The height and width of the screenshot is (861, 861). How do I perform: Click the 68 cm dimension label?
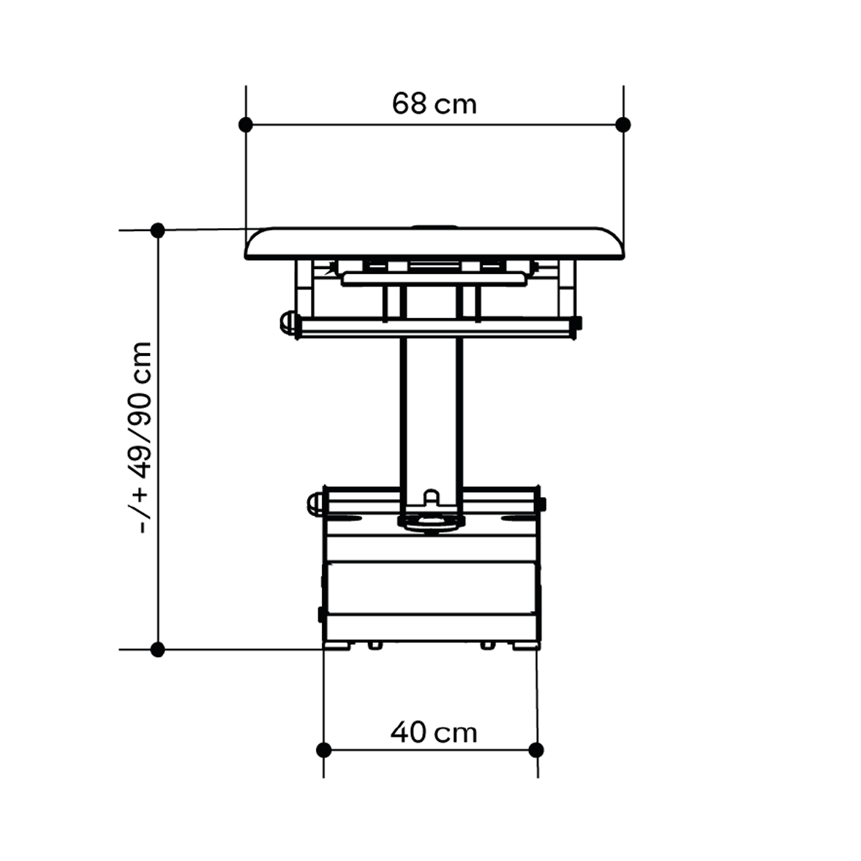tap(434, 103)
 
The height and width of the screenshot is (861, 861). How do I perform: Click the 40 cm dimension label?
tap(434, 732)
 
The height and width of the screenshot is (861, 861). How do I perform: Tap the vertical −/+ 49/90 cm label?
tap(142, 437)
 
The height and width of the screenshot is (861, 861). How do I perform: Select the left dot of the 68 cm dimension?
tap(246, 125)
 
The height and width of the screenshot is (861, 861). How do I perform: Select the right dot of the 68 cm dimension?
tap(623, 125)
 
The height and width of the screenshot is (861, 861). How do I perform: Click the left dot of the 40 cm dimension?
tap(323, 749)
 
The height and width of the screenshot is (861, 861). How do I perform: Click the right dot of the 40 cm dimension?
tap(536, 749)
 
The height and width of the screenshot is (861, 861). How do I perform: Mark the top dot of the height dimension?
tap(158, 230)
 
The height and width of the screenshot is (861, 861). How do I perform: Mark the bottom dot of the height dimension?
tap(158, 650)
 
